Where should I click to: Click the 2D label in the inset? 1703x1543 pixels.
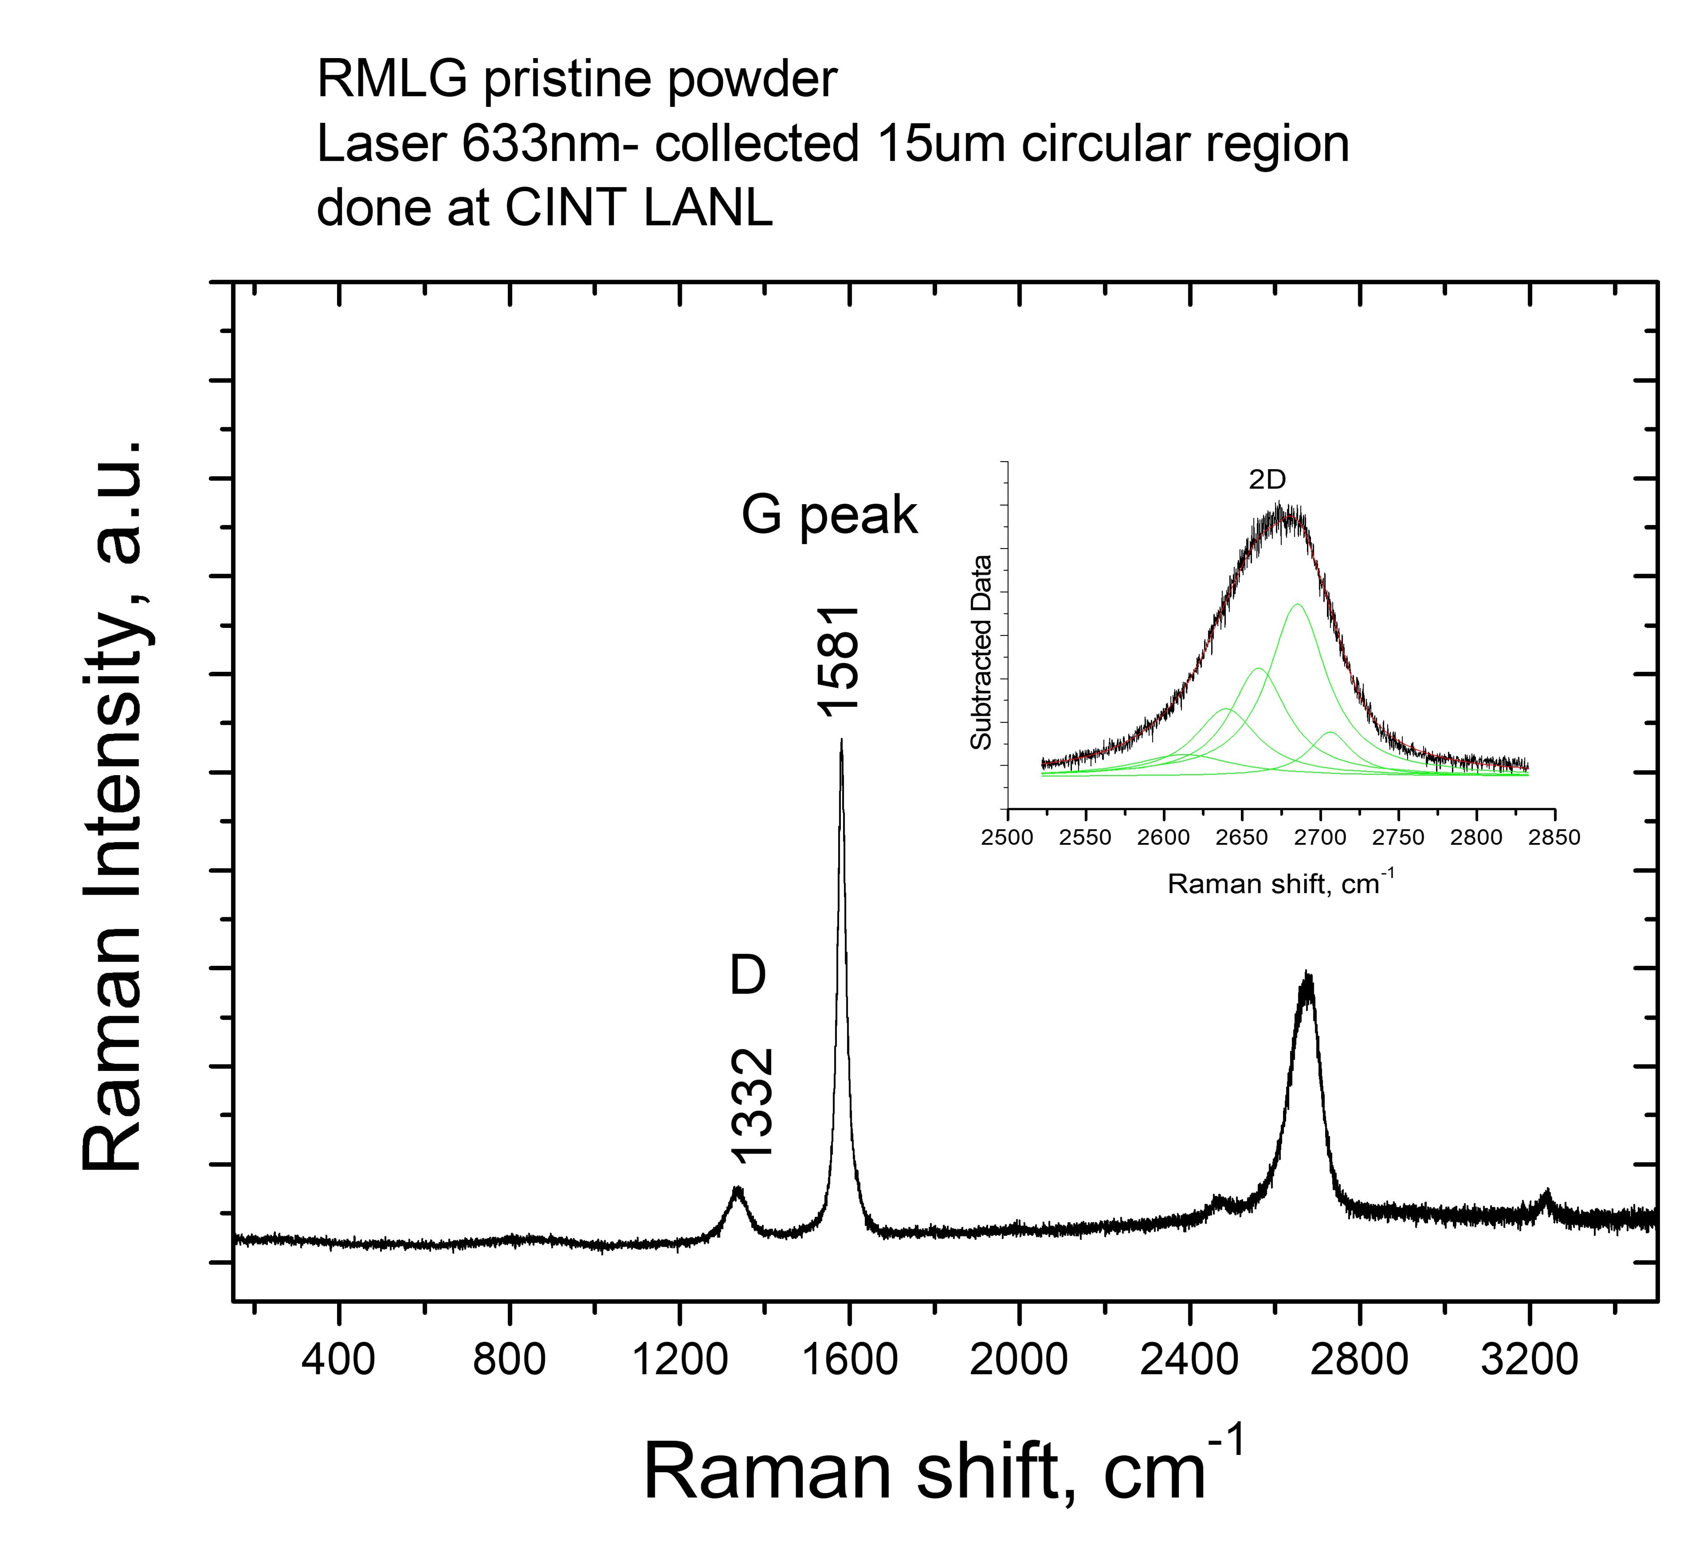pos(1267,480)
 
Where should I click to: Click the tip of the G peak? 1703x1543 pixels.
pos(840,740)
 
